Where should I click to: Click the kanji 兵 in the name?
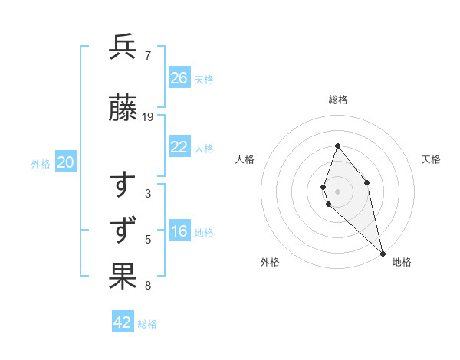pos(123,47)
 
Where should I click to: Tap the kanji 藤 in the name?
pos(123,110)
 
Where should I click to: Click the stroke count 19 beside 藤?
pos(148,117)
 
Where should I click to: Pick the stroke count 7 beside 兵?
pos(148,55)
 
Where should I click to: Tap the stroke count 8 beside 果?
pos(148,286)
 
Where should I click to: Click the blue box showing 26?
pos(179,78)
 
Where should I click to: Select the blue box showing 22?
pos(179,148)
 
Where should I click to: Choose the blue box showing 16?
pos(179,232)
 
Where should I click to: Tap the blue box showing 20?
pos(66,162)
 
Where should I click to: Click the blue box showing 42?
pos(123,322)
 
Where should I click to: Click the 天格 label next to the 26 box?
pos(204,79)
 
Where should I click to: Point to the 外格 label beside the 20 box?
pos(41,163)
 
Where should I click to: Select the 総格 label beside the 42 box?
pos(147,323)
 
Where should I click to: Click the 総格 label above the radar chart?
pos(338,100)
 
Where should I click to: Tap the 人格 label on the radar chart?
pos(245,159)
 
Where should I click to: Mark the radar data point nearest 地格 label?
pos(383,253)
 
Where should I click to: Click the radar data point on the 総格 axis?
pos(337,146)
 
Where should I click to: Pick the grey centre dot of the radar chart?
pos(337,191)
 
